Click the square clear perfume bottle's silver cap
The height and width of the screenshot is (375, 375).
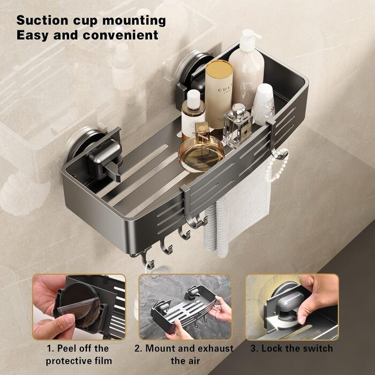(238, 109)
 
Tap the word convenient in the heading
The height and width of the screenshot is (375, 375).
(121, 35)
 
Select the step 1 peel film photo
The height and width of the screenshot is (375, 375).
(79, 307)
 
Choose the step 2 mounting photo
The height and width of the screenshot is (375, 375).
(185, 307)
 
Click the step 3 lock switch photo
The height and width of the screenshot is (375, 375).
(292, 307)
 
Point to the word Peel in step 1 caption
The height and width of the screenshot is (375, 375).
(66, 348)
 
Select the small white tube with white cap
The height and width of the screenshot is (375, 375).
(264, 104)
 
